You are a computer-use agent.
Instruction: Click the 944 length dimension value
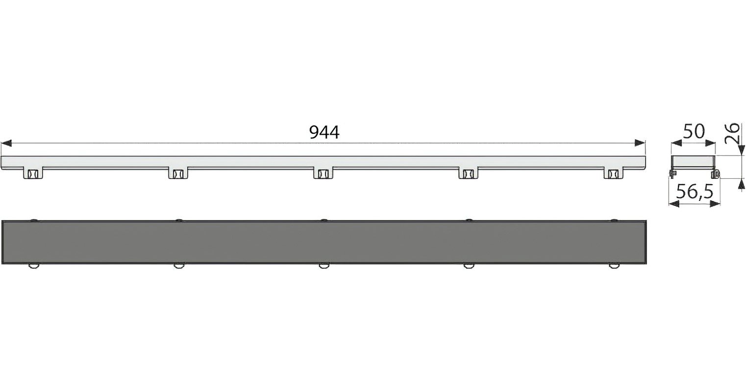[x=324, y=132]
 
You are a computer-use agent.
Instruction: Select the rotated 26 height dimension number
[x=732, y=133]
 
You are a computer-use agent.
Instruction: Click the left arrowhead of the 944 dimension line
[x=7, y=143]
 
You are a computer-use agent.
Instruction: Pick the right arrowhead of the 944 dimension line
[x=640, y=143]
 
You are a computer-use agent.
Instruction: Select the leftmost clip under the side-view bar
[x=33, y=173]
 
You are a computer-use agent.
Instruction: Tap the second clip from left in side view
[x=178, y=173]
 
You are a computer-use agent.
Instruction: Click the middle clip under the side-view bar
[x=323, y=173]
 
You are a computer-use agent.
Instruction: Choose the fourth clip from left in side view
[x=468, y=173]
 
